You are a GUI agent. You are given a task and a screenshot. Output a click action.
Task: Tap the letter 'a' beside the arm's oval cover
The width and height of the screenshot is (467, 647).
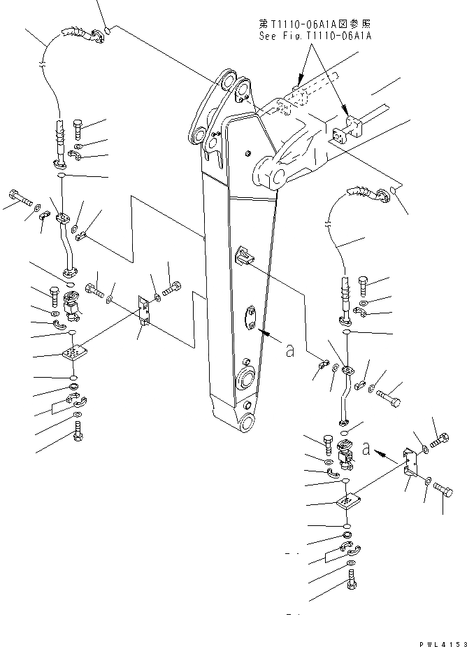coord(290,351)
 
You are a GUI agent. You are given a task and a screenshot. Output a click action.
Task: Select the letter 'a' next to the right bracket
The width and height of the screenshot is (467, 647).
coord(366,450)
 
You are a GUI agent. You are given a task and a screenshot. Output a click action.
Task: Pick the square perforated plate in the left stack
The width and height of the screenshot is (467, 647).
coord(74,355)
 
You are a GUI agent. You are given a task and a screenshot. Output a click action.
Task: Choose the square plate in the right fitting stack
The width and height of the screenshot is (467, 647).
coord(347,503)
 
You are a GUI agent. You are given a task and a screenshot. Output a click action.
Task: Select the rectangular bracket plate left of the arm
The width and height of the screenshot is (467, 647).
coord(143,308)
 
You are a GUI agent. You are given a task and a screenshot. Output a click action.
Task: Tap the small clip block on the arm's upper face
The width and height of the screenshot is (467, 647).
coord(244,255)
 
